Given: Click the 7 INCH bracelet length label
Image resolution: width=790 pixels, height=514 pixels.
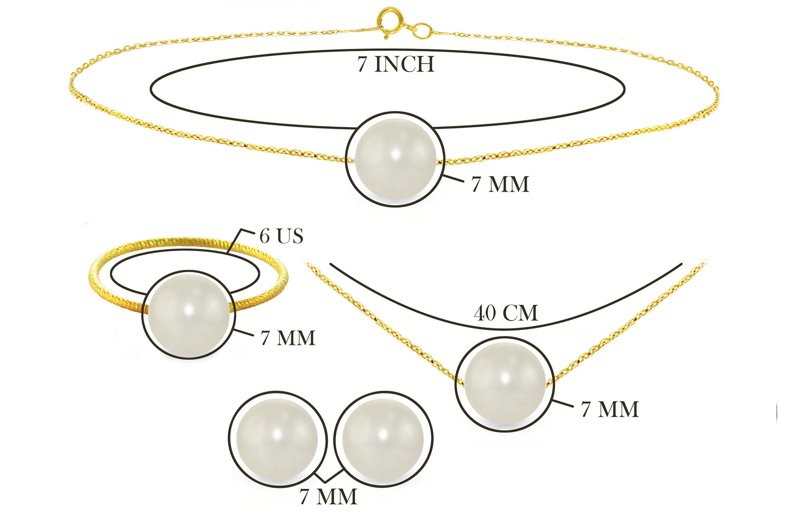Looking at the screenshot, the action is coord(395,64).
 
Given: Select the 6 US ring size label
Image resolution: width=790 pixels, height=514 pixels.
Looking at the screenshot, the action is coord(281,236).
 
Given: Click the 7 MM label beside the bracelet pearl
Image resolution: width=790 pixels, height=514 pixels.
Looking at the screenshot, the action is coord(501,184).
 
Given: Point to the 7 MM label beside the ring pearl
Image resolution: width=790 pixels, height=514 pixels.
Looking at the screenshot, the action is coord(288,338).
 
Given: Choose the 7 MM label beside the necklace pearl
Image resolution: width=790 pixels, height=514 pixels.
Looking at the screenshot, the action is coord(610,409).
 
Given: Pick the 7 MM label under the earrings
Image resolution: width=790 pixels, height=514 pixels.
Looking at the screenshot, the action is coord(328,496).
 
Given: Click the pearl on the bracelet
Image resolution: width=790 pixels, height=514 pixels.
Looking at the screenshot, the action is coord(395,159).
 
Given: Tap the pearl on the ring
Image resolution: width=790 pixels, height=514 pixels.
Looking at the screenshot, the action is coord(189,315).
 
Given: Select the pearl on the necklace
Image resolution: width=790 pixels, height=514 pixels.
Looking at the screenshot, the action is coord(506,384).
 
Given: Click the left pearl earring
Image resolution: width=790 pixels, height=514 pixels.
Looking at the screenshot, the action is coord(277,439).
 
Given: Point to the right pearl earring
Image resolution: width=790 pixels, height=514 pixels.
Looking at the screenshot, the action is coord(383,439).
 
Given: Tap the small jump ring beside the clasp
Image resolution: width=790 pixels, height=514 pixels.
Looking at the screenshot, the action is coord(423,32).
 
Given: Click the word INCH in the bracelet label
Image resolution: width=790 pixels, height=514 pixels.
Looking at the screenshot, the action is coord(404,64).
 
